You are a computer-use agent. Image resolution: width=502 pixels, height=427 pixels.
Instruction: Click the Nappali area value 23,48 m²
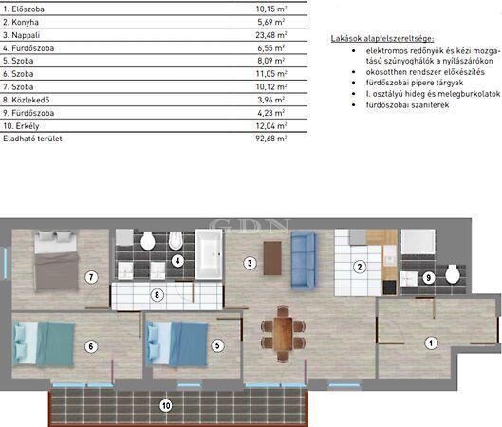[x=270, y=35]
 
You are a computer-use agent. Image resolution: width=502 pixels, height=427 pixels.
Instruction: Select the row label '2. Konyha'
[x=21, y=22]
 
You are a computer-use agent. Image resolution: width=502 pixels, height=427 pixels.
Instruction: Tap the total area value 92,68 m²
[x=270, y=139]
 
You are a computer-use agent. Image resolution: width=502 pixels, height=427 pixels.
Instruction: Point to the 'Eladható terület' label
[x=32, y=139]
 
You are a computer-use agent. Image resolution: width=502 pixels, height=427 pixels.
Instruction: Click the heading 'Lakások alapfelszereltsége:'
[x=382, y=39]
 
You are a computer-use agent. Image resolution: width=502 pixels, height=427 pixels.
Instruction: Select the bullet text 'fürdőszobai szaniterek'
[x=407, y=105]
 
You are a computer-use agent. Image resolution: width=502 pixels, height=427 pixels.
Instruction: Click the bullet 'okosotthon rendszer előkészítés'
[x=425, y=72]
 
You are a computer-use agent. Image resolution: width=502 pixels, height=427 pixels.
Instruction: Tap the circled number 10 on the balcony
[x=166, y=406]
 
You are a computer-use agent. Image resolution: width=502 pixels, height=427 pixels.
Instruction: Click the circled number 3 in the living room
[x=250, y=264]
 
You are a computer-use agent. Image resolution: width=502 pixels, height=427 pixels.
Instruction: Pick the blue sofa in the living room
[x=304, y=260]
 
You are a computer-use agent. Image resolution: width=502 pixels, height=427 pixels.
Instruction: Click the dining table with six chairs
[x=283, y=334]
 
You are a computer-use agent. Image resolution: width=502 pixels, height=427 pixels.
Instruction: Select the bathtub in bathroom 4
[x=209, y=254]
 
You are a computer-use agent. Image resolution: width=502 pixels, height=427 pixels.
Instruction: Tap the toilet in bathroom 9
[x=453, y=274]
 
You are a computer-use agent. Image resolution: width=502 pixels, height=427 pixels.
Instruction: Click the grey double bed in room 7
[x=56, y=260]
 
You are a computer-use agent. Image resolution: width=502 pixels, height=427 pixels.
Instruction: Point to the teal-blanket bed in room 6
[x=44, y=343]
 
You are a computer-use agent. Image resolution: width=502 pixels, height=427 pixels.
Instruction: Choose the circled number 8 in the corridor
[x=157, y=295]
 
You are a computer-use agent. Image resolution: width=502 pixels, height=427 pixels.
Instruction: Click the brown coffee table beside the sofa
[x=272, y=258]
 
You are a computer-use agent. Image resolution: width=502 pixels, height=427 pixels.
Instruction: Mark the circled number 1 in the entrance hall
[x=431, y=343]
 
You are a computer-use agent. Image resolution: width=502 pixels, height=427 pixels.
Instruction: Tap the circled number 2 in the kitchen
[x=360, y=267]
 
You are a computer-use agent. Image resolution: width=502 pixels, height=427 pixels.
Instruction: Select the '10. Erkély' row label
[x=21, y=126]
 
